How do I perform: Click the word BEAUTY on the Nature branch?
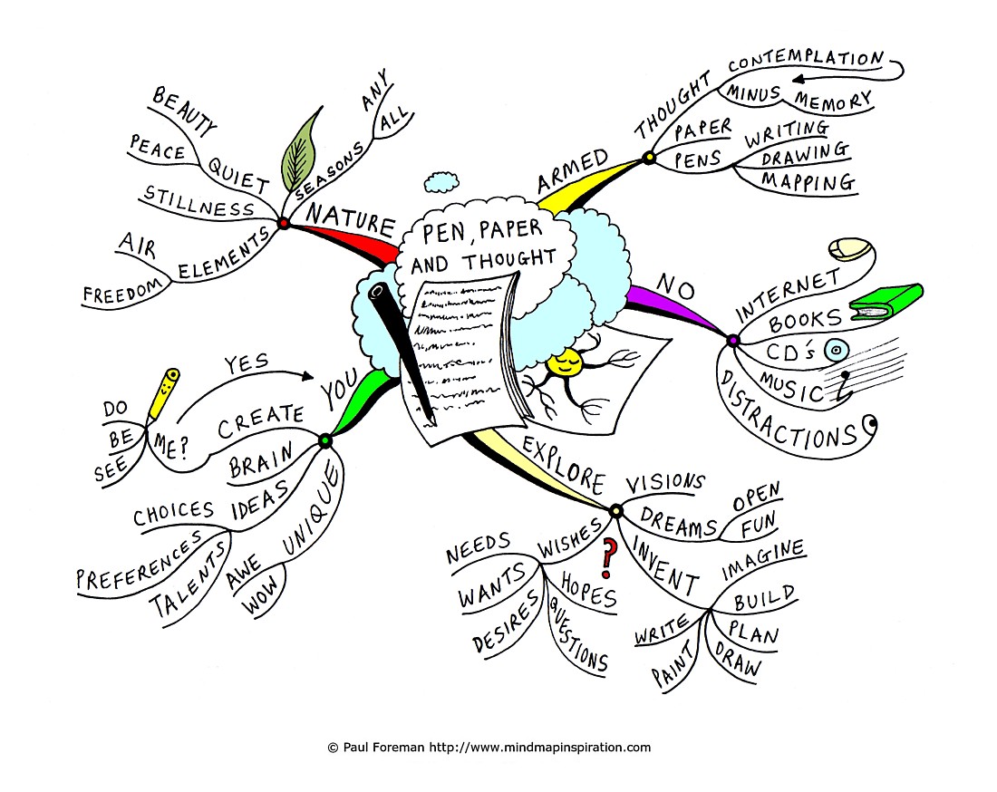click(x=184, y=111)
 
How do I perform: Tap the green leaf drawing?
click(x=302, y=150)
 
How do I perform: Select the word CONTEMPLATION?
click(x=806, y=60)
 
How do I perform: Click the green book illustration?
click(x=886, y=301)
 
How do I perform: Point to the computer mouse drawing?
click(x=850, y=249)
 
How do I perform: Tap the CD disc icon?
click(x=837, y=350)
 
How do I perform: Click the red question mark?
click(x=609, y=557)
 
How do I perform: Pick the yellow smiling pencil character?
click(x=163, y=394)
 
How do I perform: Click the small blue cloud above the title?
click(x=441, y=182)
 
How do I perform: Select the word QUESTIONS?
click(x=577, y=635)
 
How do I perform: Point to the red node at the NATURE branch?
click(x=284, y=223)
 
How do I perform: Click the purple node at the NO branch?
click(x=733, y=341)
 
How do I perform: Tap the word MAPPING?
click(x=808, y=181)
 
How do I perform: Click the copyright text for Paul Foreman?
click(x=489, y=748)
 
